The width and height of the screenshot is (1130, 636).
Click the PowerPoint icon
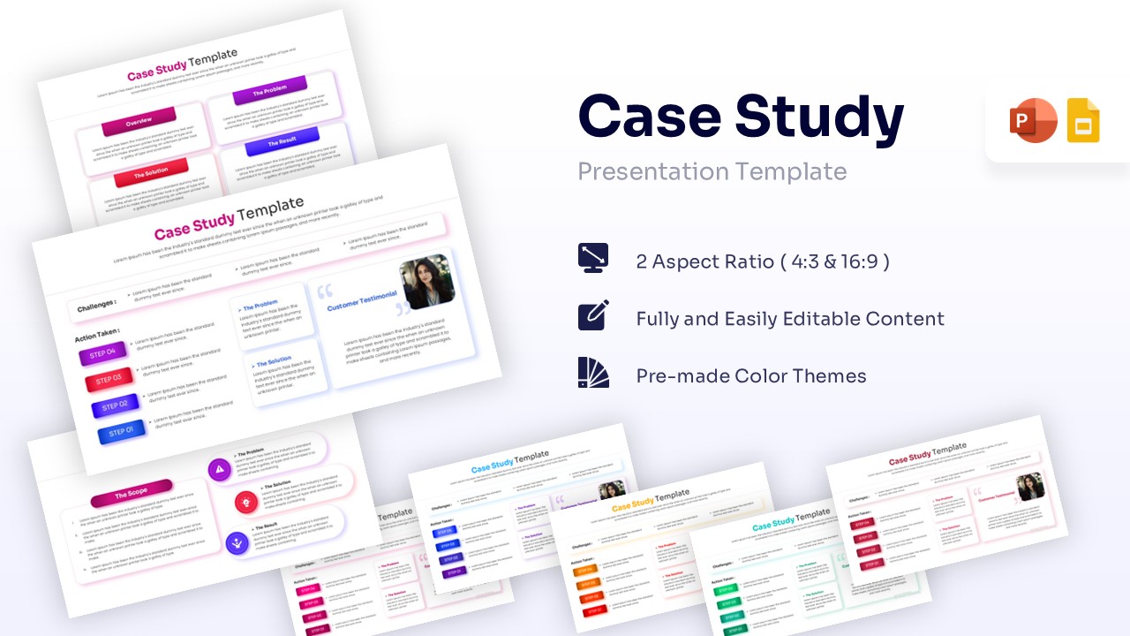point(1033,121)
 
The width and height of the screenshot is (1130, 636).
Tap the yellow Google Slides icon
point(1083,121)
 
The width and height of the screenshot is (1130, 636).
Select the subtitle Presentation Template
point(712,171)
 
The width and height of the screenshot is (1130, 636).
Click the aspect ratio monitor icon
point(593,259)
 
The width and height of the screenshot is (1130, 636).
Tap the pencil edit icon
point(593,317)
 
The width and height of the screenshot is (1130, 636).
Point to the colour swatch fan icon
point(593,375)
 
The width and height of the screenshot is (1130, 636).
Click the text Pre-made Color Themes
point(751,376)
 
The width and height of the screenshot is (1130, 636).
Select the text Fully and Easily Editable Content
point(790,319)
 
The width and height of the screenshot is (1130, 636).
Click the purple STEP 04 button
point(103,355)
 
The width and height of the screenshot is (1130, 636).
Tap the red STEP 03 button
point(109,381)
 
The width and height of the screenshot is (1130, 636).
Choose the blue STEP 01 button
point(120,433)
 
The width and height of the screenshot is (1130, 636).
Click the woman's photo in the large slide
point(428,282)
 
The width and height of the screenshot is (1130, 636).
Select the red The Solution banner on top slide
point(151,173)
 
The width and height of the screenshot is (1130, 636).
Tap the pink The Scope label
point(132,493)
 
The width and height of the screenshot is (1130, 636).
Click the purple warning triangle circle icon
point(219,469)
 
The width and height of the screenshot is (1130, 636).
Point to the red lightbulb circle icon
point(245,503)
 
